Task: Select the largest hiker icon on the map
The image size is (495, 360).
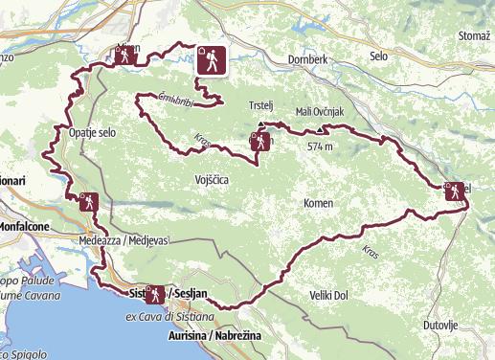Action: [x=211, y=60]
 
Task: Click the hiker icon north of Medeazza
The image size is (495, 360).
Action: [x=87, y=202]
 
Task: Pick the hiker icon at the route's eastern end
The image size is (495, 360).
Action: [x=452, y=191]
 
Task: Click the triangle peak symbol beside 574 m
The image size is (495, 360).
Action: [x=320, y=128]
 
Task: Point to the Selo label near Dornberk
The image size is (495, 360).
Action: [x=379, y=56]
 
